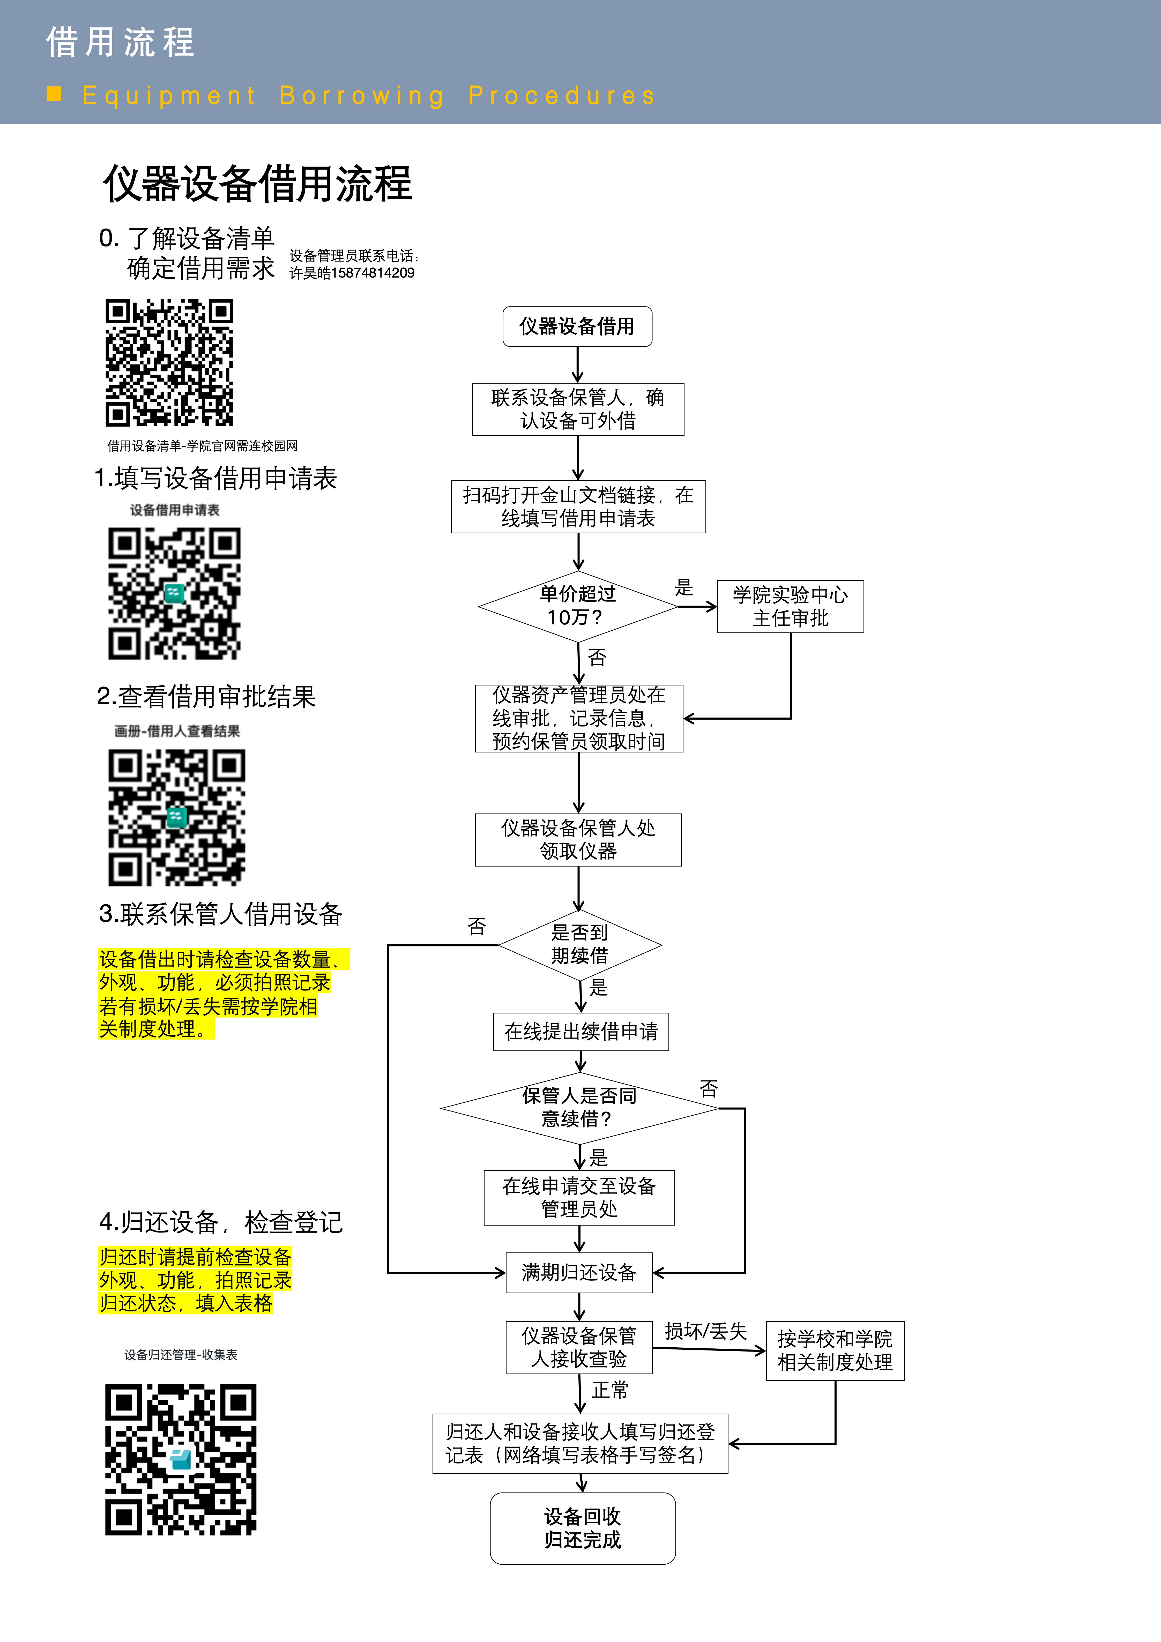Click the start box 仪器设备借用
[x=577, y=327]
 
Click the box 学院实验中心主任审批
[x=791, y=607]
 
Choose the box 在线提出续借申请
[x=581, y=1031]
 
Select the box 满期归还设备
[x=579, y=1272]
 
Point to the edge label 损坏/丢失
[x=706, y=1331]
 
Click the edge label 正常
[x=610, y=1390]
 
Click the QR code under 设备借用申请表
[x=175, y=594]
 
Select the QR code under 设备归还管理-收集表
[x=181, y=1459]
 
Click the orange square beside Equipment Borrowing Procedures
[x=54, y=94]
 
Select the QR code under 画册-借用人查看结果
[x=177, y=817]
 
